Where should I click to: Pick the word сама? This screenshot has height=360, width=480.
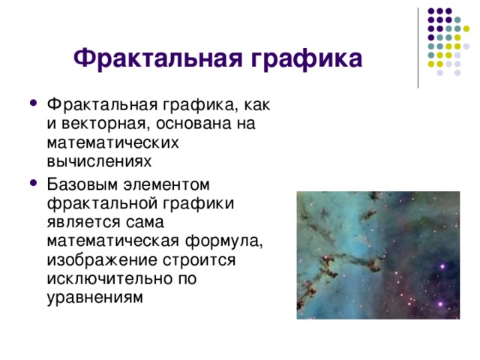tap(149, 222)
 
